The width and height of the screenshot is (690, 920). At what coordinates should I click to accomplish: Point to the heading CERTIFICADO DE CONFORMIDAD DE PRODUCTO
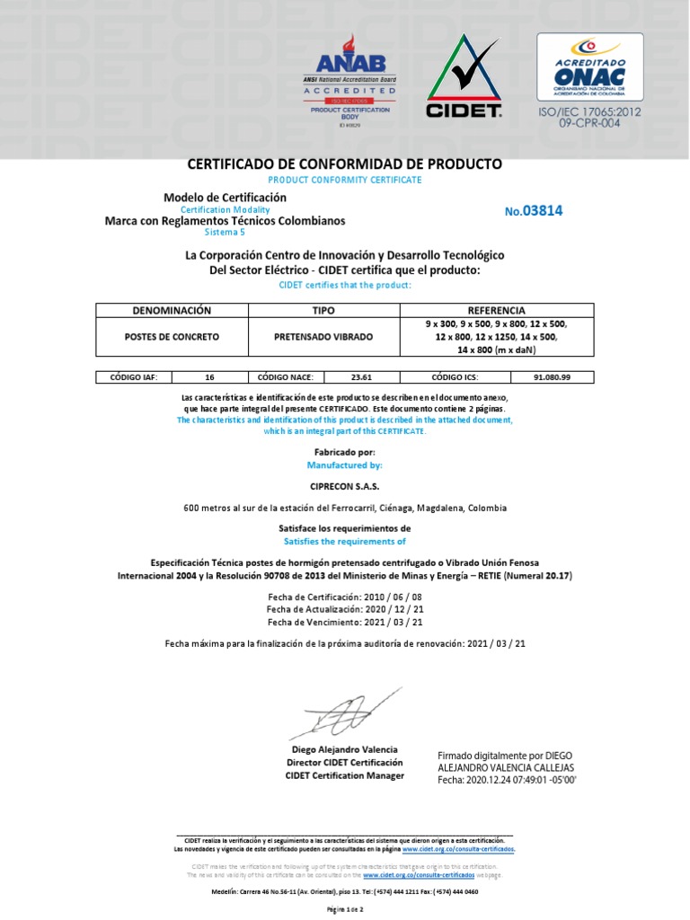point(345,164)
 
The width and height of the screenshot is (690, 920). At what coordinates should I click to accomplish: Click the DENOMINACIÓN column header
point(171,310)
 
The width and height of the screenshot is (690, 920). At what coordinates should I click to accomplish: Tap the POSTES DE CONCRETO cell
point(171,337)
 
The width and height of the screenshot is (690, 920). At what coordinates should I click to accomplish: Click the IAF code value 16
point(209,377)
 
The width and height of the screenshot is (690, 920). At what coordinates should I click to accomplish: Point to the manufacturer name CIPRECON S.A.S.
point(345,486)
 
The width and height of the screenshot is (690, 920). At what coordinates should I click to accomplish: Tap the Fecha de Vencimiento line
point(345,622)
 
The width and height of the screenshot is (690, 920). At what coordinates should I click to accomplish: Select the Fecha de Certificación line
point(345,597)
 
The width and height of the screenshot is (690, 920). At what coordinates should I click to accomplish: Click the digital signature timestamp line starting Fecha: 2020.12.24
point(507,781)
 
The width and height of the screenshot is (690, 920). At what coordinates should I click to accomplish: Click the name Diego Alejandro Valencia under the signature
point(345,749)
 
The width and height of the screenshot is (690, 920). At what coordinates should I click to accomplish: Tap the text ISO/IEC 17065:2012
point(589,111)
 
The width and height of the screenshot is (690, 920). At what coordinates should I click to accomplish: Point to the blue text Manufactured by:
point(345,465)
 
